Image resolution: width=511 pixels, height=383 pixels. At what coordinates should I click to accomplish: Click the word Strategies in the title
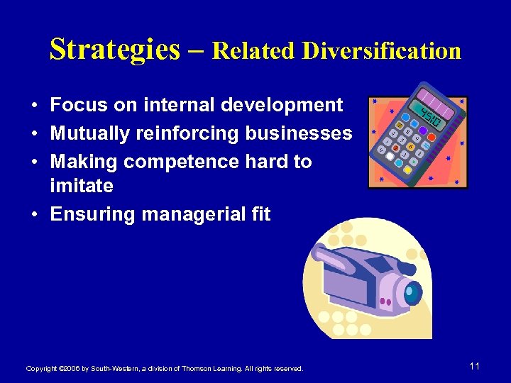(115, 50)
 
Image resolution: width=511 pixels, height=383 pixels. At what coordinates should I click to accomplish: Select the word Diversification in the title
(381, 51)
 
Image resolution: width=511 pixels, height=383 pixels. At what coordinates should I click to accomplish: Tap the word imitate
(82, 186)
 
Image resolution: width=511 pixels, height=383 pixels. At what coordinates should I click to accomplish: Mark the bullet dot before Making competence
(34, 162)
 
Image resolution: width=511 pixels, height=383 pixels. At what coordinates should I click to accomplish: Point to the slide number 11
(475, 366)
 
